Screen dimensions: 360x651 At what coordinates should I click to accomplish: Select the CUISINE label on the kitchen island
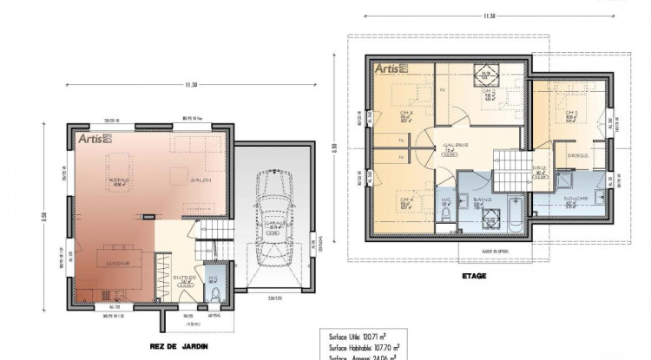click(x=119, y=262)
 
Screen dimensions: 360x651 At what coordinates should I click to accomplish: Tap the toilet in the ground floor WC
click(x=214, y=295)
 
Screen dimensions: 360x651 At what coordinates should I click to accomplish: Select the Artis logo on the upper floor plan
click(x=391, y=67)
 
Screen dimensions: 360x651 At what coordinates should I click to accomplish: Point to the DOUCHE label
click(x=575, y=199)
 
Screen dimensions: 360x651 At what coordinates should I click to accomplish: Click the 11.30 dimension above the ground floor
click(x=191, y=84)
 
